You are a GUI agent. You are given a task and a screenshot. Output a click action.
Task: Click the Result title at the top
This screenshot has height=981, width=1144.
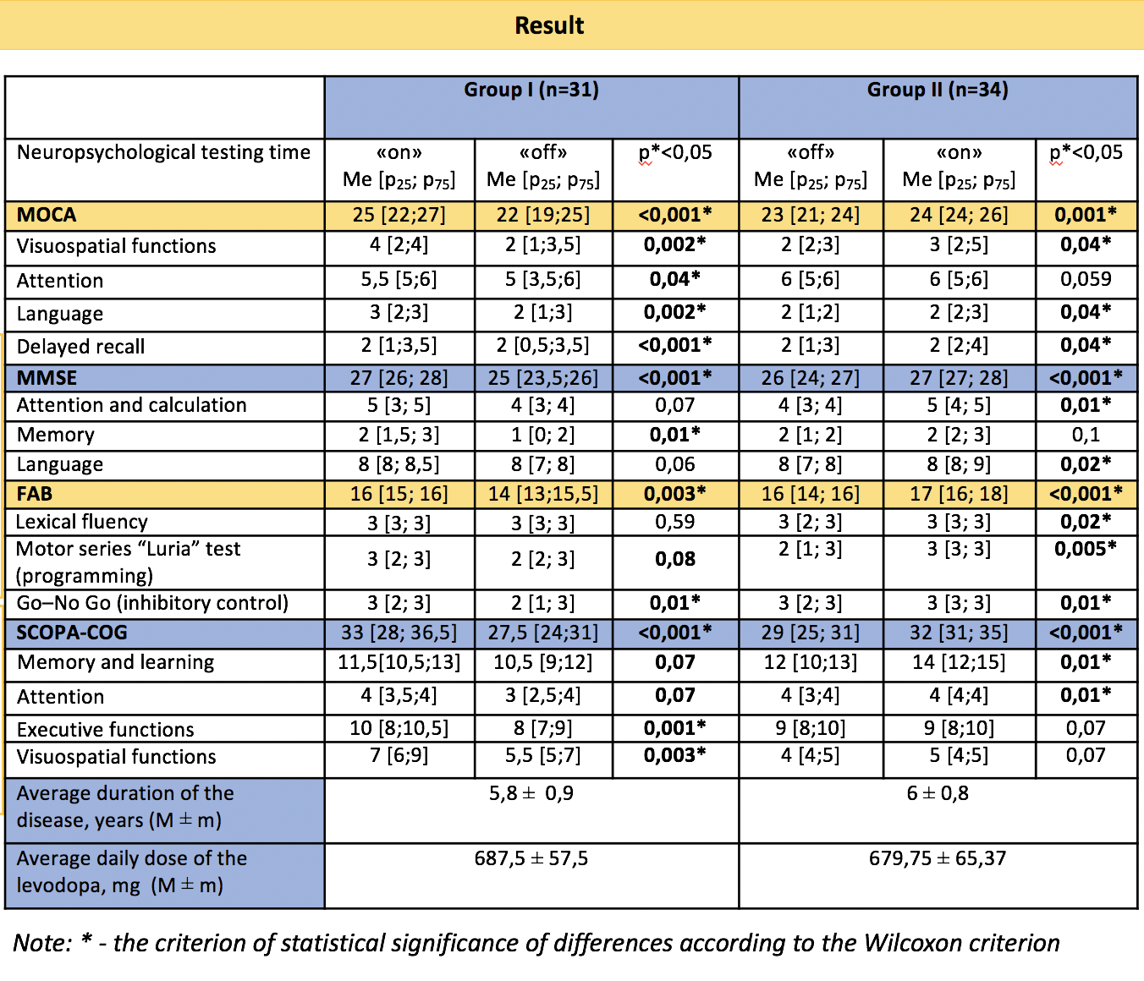549,25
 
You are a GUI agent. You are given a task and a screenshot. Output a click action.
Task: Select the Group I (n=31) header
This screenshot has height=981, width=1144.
531,90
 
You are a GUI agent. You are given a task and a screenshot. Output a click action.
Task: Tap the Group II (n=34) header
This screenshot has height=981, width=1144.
938,90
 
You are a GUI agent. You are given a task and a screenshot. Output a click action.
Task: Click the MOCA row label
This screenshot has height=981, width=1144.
47,215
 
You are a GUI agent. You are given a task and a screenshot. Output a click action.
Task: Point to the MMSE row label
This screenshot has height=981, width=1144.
47,378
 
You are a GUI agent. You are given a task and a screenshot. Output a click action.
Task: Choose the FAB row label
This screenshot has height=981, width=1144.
35,494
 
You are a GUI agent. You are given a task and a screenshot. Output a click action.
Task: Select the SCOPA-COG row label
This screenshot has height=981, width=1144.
72,633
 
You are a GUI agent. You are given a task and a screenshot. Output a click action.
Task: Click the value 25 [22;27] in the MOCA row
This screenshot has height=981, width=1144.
399,215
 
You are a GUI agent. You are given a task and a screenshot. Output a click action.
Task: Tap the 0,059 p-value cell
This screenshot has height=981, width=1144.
1086,279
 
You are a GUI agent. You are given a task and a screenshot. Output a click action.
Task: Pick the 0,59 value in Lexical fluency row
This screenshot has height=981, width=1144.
674,522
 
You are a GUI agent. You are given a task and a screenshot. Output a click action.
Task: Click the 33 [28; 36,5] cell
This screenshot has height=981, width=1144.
399,633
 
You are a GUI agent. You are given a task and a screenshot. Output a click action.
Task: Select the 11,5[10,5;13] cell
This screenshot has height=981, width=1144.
399,662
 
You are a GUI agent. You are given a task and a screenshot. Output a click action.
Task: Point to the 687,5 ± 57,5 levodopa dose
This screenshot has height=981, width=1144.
531,858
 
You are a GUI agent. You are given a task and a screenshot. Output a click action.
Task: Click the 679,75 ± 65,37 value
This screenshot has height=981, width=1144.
938,858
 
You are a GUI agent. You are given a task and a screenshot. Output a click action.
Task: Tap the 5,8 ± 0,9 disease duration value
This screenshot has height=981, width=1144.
531,793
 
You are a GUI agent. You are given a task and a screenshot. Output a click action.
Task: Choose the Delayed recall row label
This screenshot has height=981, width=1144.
80,347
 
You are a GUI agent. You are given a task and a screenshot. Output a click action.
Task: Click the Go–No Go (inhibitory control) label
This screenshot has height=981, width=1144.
153,602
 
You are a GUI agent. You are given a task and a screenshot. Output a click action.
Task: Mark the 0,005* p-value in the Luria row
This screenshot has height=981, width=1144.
1086,548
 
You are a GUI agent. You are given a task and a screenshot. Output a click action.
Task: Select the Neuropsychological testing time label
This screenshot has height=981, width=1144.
164,153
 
